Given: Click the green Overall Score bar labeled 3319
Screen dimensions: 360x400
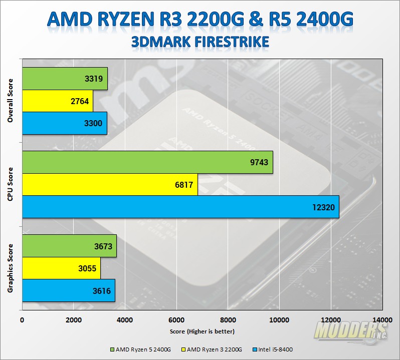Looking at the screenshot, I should (65, 79).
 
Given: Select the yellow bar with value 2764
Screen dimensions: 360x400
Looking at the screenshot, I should (57, 101).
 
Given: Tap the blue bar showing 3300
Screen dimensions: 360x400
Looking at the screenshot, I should (64, 123).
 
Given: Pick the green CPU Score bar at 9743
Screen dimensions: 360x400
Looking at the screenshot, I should (147, 163).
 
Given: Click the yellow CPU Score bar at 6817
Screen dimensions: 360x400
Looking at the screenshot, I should (110, 185).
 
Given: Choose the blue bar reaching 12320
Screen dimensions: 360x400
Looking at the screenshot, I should (180, 207).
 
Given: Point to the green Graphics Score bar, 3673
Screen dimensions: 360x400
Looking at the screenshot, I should (69, 246).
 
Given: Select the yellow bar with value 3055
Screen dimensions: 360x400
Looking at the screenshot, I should (61, 268).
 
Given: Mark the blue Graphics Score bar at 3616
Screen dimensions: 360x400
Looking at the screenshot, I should (69, 290).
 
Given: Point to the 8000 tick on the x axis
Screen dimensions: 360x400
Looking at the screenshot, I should (228, 320).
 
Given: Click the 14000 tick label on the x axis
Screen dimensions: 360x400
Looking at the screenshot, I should (382, 320).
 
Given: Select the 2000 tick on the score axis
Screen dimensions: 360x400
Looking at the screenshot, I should (74, 320).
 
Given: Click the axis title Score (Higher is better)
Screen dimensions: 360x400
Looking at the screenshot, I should (202, 331).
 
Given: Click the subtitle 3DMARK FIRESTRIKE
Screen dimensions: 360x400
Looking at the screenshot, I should (200, 41).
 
